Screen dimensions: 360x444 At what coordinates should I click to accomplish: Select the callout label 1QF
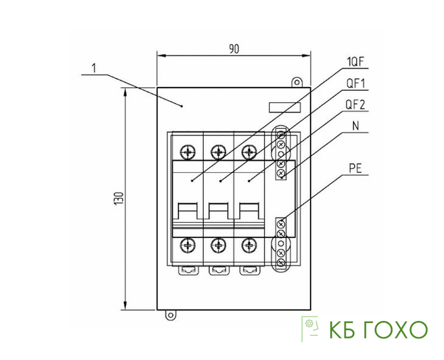355,62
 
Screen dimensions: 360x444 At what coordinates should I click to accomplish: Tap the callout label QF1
355,83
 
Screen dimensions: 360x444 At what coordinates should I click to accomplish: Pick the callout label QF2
355,104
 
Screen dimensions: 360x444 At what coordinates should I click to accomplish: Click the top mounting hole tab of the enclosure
296,82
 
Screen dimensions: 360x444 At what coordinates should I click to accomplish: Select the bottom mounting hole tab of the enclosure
170,315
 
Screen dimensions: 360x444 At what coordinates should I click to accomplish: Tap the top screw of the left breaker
188,152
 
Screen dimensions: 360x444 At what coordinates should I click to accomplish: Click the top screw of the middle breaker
219,152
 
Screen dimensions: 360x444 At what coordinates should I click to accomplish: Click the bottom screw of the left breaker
188,244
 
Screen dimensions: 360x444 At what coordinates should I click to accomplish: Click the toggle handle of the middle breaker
219,213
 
